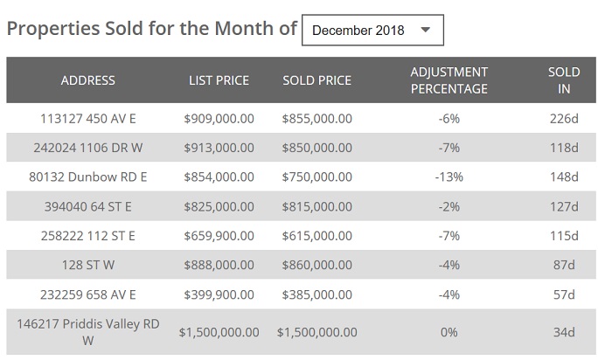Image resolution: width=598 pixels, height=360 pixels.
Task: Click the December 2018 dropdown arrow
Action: click(426, 30)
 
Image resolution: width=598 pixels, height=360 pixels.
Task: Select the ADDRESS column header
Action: click(88, 80)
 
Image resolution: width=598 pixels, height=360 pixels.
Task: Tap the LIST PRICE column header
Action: click(219, 80)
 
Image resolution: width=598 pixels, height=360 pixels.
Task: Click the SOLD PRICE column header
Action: click(316, 80)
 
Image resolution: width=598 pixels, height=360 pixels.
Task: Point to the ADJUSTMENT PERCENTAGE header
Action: click(448, 80)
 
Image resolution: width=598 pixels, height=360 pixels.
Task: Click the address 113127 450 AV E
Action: click(88, 119)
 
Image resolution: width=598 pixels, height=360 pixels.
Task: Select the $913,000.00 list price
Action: click(219, 148)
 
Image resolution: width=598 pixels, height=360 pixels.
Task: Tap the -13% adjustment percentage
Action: click(448, 177)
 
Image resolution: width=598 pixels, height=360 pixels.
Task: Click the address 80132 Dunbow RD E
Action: click(88, 177)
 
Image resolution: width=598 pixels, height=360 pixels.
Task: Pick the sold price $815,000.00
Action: click(316, 207)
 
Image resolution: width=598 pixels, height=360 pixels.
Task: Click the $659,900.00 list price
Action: click(219, 236)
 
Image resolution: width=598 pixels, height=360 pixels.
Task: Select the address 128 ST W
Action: click(88, 266)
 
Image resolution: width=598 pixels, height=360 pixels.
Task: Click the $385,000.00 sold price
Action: click(316, 294)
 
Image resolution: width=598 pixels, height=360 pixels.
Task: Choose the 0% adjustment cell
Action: click(448, 332)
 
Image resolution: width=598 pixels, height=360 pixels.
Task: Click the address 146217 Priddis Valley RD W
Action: click(88, 332)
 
